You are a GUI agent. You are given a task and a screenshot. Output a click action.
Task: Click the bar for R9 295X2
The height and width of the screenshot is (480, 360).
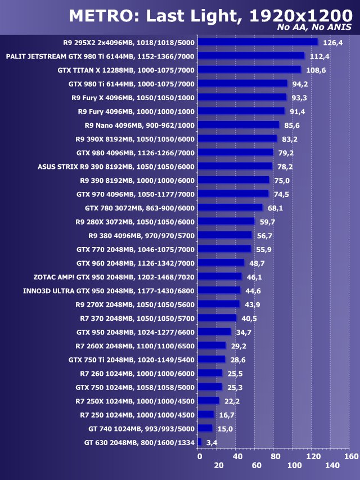258,42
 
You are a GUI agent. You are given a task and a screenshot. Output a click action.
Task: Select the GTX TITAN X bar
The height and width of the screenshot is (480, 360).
250,70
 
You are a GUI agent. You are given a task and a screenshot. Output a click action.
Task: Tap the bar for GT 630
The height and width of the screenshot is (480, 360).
200,442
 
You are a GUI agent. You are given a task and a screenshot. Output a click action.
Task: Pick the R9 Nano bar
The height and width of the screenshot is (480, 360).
239,125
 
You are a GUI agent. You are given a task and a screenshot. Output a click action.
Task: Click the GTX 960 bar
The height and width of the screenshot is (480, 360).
222,263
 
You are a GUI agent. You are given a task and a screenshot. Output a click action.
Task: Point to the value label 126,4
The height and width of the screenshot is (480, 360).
331,42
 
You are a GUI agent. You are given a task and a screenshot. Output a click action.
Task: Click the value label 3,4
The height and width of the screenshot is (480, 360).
212,443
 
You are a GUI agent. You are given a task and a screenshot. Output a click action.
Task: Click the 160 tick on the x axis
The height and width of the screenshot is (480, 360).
351,456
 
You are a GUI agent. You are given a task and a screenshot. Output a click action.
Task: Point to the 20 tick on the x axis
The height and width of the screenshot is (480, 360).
219,465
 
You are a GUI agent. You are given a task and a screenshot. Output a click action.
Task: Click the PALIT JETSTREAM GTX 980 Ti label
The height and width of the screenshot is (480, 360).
100,56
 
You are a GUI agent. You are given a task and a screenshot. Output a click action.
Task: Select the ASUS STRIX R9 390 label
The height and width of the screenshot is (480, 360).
116,167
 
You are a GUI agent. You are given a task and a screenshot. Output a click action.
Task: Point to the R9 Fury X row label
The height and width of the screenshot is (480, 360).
133,97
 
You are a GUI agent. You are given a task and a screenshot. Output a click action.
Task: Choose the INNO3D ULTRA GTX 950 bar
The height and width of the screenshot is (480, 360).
220,290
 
